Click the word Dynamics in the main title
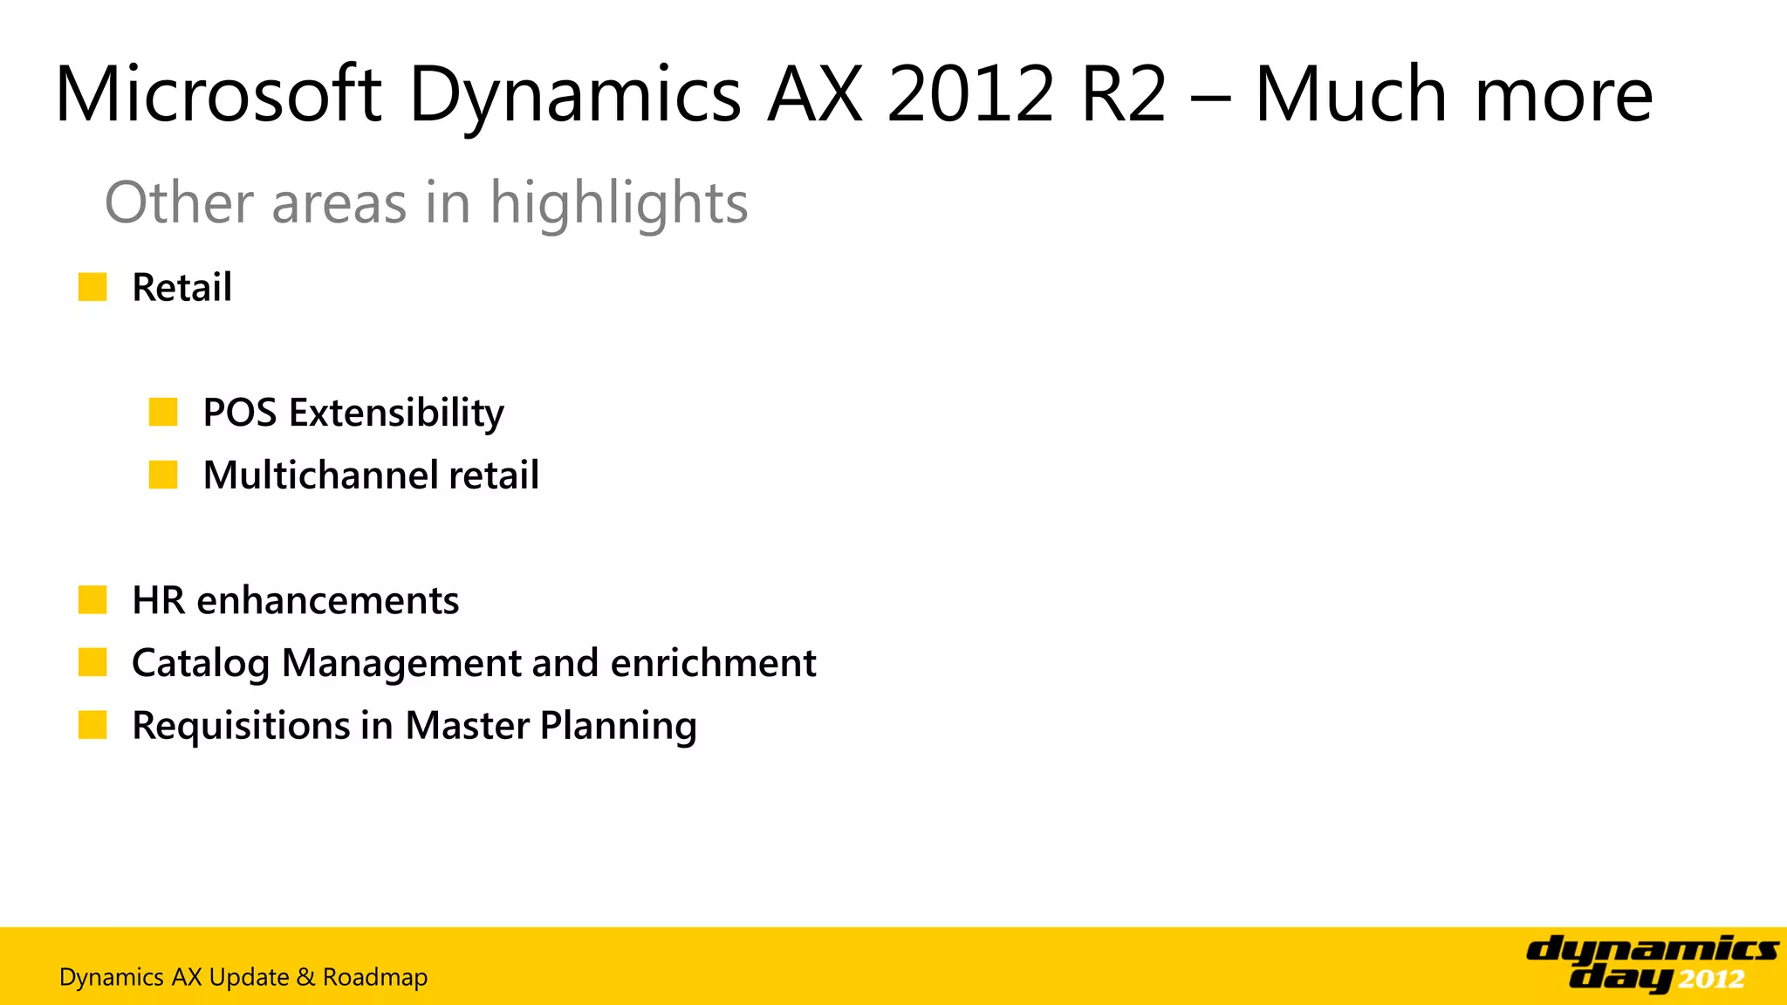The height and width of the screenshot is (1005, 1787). [575, 96]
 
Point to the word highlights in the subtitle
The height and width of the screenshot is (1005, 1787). [619, 202]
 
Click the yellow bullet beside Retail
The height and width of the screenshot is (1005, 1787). [92, 287]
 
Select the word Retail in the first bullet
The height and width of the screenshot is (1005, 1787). [181, 287]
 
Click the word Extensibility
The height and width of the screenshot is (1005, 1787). [397, 412]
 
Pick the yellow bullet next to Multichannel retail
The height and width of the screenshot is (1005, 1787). [163, 475]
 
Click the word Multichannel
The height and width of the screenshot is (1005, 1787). [320, 475]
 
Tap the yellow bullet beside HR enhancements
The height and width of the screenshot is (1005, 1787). [92, 600]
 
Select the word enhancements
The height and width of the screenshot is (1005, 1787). [328, 600]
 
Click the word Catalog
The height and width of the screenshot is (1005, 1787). [200, 663]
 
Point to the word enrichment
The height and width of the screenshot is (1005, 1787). [713, 663]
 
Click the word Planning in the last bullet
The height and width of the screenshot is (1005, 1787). [619, 726]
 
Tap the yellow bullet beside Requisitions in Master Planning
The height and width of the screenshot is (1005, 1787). [92, 725]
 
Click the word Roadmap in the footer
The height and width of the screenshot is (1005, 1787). [375, 977]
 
